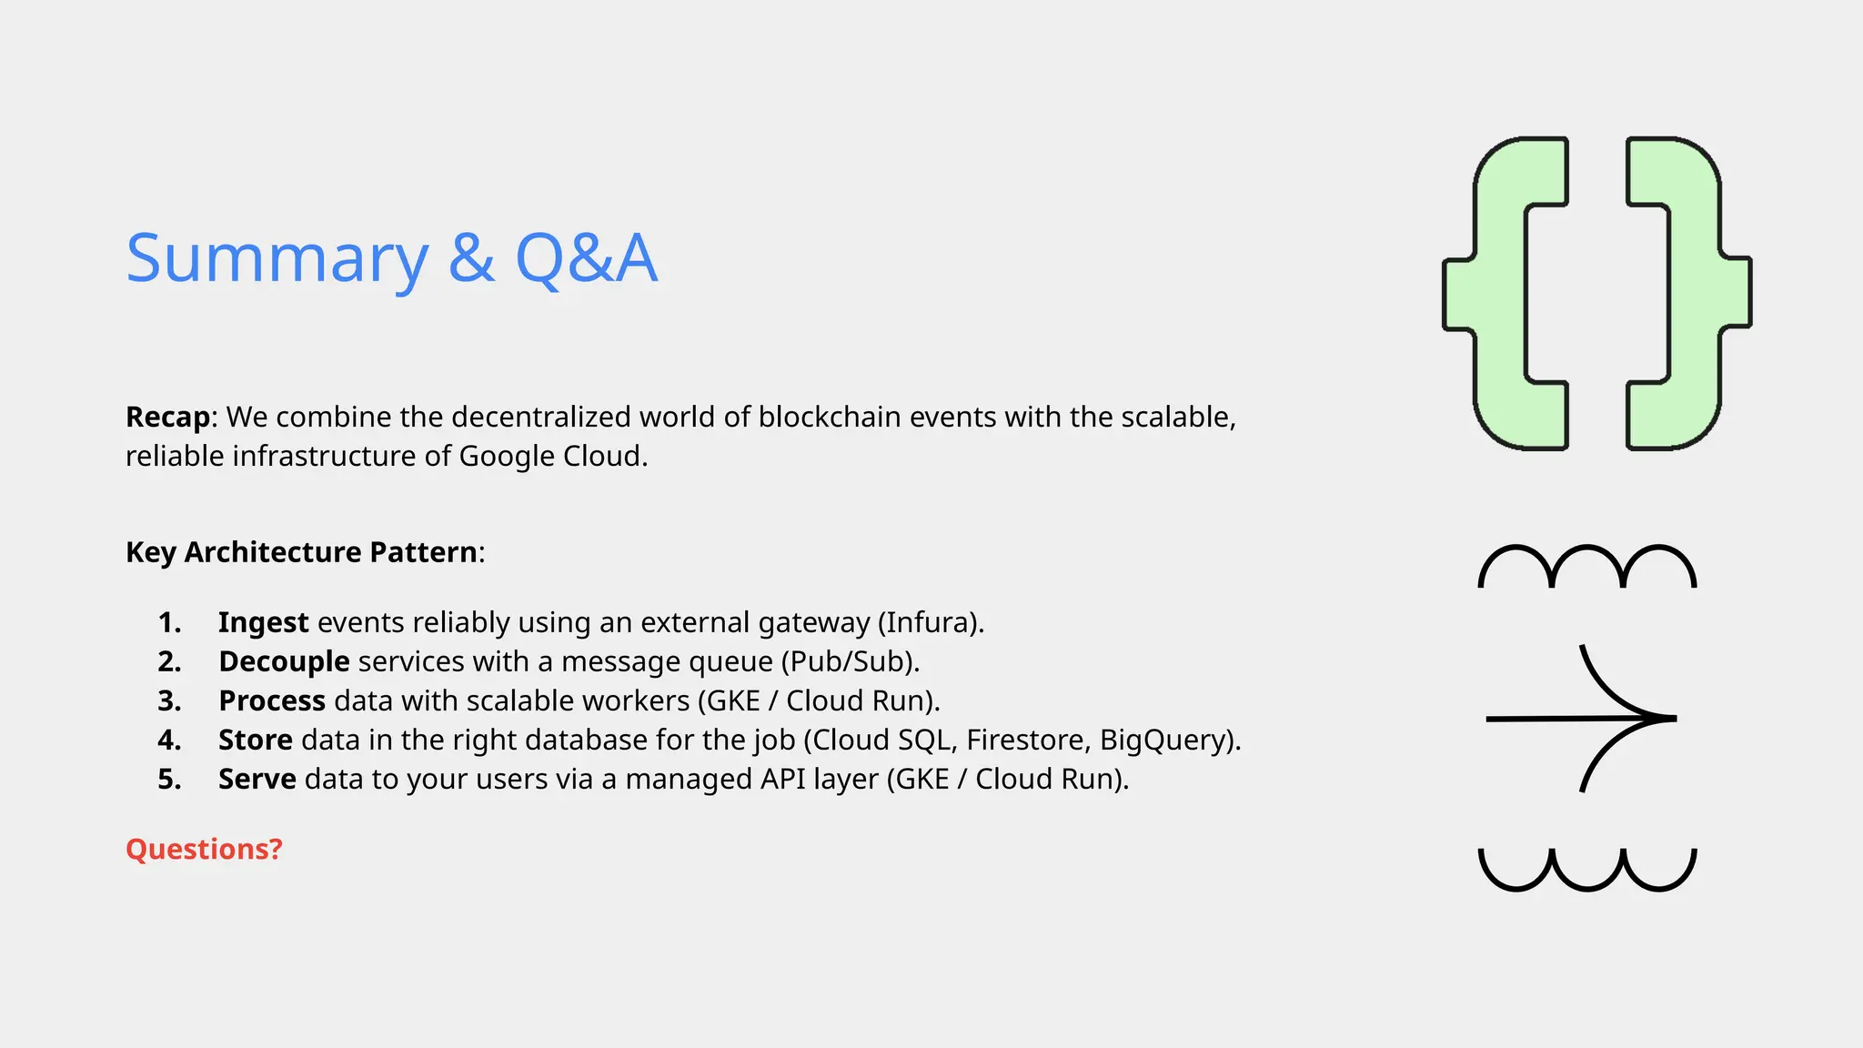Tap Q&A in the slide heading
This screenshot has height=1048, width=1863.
coord(585,258)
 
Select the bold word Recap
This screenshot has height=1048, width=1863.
coord(168,417)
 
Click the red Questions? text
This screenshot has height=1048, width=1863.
coord(204,849)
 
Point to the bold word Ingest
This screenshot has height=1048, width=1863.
coord(263,622)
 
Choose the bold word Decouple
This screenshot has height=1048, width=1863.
coord(284,661)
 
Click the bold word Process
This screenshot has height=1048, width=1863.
coord(271,700)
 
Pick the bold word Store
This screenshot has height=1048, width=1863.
coord(255,740)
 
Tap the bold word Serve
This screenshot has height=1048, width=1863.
coord(257,779)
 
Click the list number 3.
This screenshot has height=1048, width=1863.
coord(169,700)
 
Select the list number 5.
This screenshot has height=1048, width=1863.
coord(169,779)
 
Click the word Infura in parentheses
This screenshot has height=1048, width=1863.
coord(926,622)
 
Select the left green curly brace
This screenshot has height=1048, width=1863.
coord(1506,293)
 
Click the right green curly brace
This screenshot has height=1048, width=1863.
coord(1689,293)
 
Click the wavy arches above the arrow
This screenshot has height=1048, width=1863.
coord(1586,567)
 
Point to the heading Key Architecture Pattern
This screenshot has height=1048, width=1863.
coord(301,552)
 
